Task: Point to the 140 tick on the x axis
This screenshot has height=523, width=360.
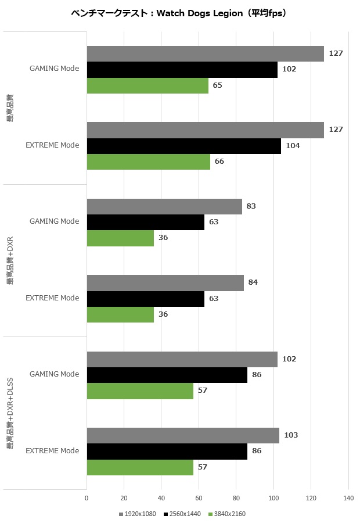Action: [x=348, y=498]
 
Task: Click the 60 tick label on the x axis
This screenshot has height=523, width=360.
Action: [x=199, y=498]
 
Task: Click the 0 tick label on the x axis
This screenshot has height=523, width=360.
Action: [x=87, y=498]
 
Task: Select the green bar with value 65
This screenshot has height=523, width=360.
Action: [x=147, y=85]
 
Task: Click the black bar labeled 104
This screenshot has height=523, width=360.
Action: [x=183, y=146]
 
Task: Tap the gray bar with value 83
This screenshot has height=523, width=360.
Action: [x=164, y=206]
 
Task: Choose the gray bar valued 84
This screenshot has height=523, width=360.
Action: [x=165, y=282]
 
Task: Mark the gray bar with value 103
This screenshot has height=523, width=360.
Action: [x=183, y=435]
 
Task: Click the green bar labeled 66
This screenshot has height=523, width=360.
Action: [x=148, y=162]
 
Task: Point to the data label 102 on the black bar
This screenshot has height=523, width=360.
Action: [x=289, y=69]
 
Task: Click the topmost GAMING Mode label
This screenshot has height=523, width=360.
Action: [x=54, y=69]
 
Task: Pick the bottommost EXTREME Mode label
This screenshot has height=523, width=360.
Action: [x=52, y=451]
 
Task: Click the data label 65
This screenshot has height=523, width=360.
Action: [x=218, y=85]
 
